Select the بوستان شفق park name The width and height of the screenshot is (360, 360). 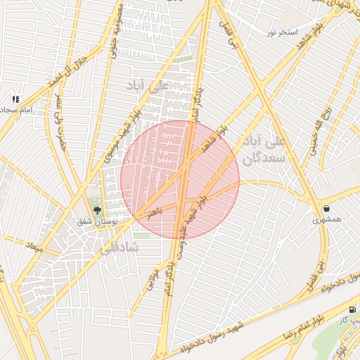98,221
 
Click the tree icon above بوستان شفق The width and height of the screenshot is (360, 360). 98,210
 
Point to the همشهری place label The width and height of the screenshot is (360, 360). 327,219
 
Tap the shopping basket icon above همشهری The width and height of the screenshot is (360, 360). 327,208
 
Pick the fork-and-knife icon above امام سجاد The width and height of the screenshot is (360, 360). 15,99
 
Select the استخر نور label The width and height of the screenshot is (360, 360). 282,32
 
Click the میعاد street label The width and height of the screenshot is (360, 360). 34,247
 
